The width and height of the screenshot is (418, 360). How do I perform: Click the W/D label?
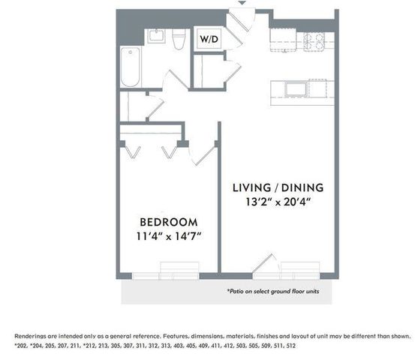click(x=209, y=39)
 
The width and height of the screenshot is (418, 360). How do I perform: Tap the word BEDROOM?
click(x=169, y=222)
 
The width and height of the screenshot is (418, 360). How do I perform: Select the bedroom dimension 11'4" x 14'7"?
click(x=169, y=236)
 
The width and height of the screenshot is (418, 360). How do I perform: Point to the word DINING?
click(x=302, y=187)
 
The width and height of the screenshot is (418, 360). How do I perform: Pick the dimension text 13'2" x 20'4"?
click(x=278, y=202)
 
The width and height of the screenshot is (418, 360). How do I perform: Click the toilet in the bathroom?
click(x=179, y=39)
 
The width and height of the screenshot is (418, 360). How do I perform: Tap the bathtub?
click(x=131, y=67)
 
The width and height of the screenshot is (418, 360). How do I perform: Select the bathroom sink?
click(x=157, y=36)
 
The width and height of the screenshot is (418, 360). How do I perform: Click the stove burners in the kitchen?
click(x=314, y=41)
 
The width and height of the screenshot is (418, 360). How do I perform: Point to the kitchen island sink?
click(x=296, y=88)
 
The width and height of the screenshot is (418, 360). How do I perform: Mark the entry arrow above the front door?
click(x=242, y=3)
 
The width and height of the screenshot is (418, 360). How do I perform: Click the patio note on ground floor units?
click(x=273, y=291)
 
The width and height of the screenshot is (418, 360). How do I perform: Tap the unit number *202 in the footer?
click(x=20, y=346)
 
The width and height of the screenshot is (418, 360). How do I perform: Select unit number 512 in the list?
click(x=291, y=346)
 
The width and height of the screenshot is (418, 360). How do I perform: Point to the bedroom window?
click(x=166, y=276)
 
